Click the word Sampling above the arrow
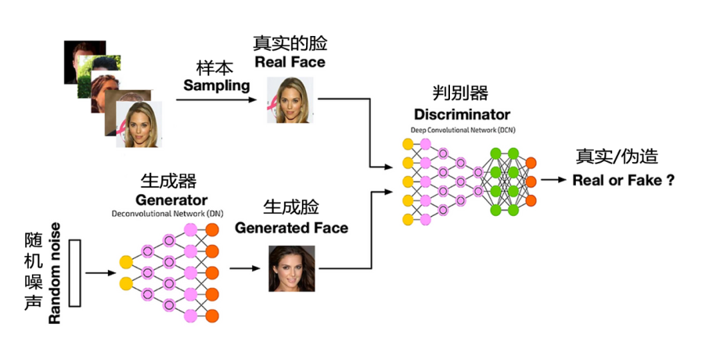click(217, 85)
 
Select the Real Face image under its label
click(290, 100)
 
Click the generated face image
click(291, 269)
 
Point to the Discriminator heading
click(462, 114)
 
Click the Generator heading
click(171, 200)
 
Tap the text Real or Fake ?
click(623, 180)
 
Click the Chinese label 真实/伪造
click(617, 157)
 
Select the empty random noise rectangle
click(75, 273)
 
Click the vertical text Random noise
click(55, 273)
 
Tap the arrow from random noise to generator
click(101, 273)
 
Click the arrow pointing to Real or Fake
click(553, 180)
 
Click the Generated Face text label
click(291, 228)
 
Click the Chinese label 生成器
click(169, 181)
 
